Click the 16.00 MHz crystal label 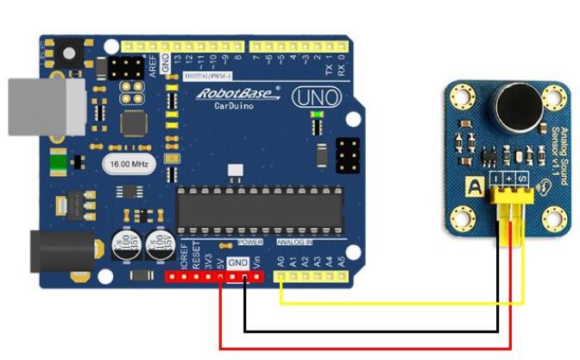pyautogui.click(x=125, y=163)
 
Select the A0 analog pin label pyautogui.click(x=281, y=259)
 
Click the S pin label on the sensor pyautogui.click(x=520, y=177)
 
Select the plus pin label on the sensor pyautogui.click(x=509, y=177)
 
